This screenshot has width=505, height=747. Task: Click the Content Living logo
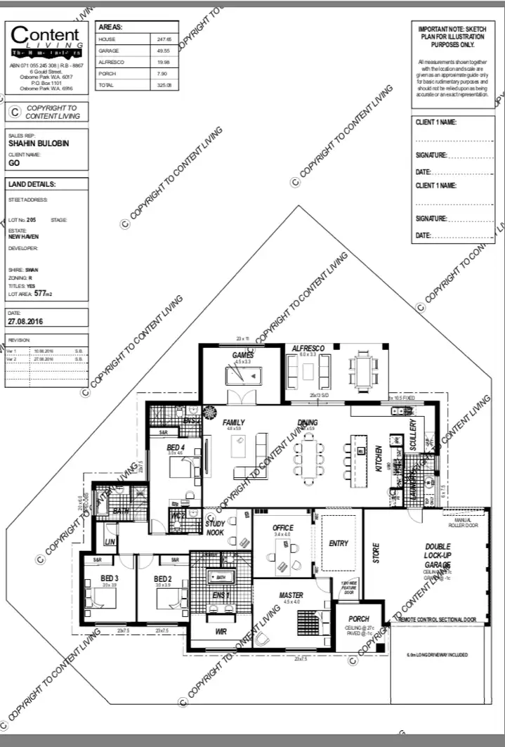point(46,42)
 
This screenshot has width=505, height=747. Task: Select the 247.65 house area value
point(164,39)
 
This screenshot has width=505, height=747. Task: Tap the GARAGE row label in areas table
point(109,51)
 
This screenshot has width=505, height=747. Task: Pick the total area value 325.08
point(164,85)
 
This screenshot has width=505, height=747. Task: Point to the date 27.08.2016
point(26,320)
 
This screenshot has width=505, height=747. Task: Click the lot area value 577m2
point(45,294)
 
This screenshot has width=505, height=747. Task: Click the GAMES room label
point(242,355)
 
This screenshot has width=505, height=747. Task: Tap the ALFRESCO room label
point(308,349)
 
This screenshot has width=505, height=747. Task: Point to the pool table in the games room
point(243,375)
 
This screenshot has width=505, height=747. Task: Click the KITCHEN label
point(379,458)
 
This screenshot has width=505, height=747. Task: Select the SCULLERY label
point(413,435)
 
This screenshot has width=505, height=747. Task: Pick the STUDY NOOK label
point(215,528)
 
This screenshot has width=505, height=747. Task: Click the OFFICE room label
point(283,528)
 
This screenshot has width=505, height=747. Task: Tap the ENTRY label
point(339,543)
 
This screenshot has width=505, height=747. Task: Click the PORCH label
point(358,619)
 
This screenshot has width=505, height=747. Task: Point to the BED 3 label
point(109,578)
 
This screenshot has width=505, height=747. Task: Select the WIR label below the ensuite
point(220,632)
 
